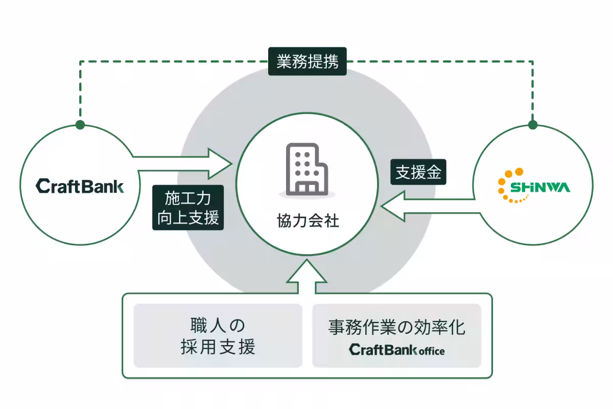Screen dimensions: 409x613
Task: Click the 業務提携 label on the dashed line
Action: [x=307, y=61]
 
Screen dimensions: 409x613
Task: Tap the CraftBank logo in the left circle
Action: [x=80, y=186]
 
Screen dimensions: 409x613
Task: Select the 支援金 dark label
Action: [x=418, y=173]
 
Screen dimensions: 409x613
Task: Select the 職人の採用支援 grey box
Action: [x=218, y=336]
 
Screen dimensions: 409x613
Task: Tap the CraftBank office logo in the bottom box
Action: [x=396, y=350]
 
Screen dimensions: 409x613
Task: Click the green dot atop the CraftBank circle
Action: [x=80, y=125]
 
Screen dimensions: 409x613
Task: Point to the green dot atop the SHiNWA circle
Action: [x=533, y=125]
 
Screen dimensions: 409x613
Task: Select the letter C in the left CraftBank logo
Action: [x=41, y=186]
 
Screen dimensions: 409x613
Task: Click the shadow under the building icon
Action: [x=306, y=195]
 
